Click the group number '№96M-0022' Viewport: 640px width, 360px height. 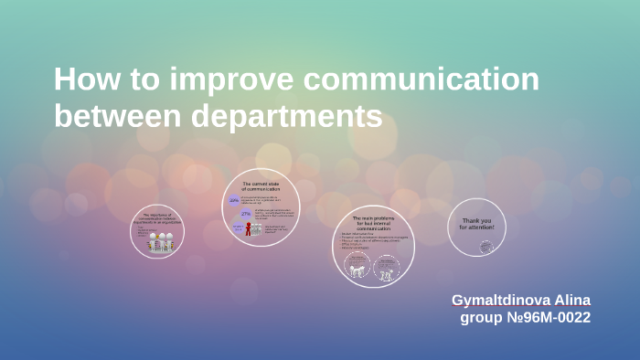[548, 318]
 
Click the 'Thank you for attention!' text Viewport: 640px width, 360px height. [476, 223]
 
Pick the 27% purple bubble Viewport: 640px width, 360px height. [246, 213]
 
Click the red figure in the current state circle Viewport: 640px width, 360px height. [247, 229]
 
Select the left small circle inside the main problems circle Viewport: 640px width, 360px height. [357, 266]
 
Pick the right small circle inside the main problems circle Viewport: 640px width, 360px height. [386, 266]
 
